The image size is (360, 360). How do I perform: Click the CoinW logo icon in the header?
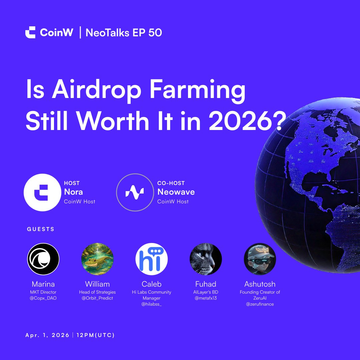click(30, 32)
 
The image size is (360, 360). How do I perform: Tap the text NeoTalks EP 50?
click(124, 33)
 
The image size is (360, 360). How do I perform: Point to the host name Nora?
click(73, 192)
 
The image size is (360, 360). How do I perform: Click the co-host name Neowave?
click(176, 192)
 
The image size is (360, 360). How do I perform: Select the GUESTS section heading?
click(41, 229)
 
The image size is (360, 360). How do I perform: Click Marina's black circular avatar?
click(43, 259)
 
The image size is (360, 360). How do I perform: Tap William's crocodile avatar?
click(97, 259)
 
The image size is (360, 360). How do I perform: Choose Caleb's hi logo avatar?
click(151, 259)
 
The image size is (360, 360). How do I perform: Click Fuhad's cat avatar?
click(206, 259)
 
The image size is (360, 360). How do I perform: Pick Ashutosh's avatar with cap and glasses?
click(260, 259)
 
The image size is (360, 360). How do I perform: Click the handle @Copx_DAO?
click(43, 298)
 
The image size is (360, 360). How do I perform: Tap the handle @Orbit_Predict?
click(97, 298)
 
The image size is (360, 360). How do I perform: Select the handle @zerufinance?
click(260, 304)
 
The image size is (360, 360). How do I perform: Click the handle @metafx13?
click(206, 298)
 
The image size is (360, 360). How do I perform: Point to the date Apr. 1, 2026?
click(47, 335)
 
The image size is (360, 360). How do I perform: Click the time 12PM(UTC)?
click(96, 335)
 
